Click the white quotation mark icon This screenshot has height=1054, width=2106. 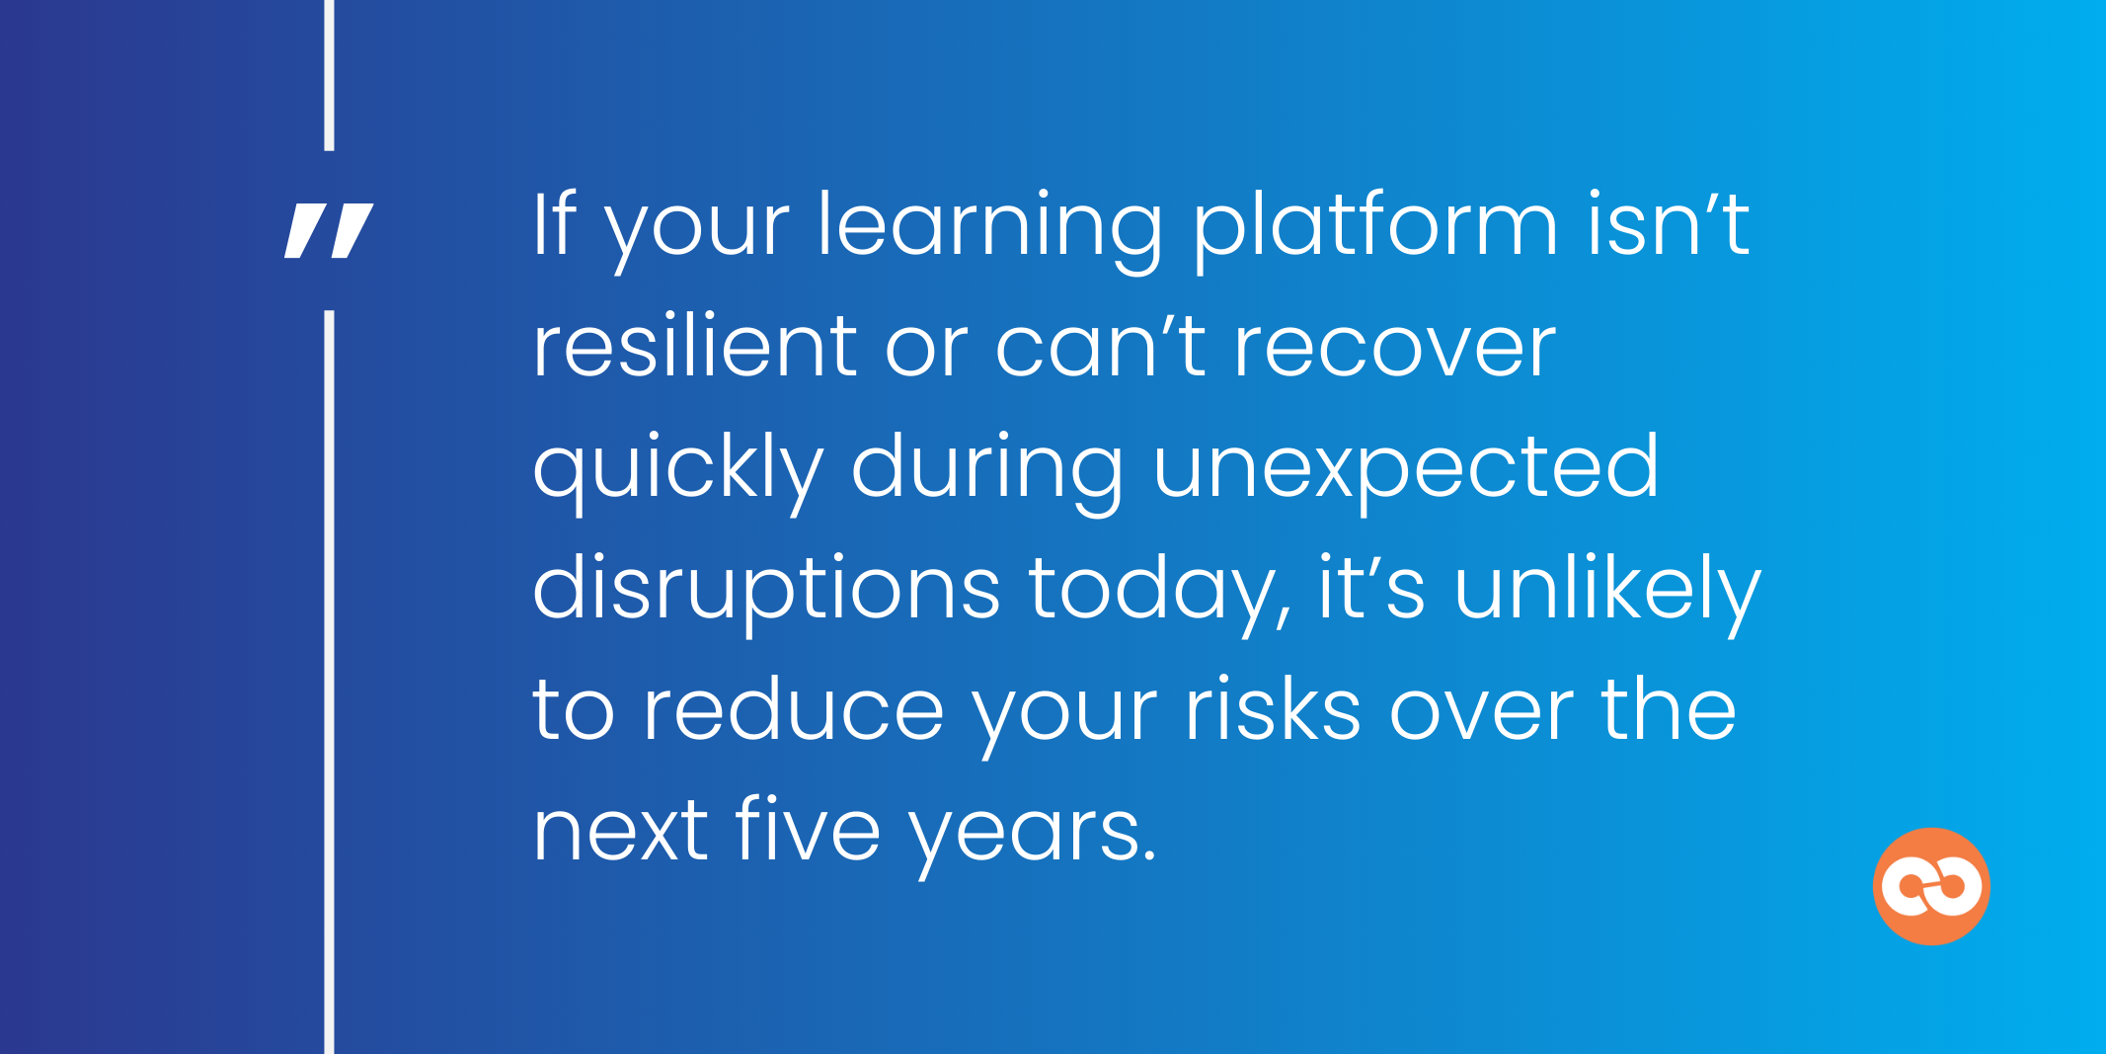(329, 231)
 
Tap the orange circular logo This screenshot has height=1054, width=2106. (1931, 886)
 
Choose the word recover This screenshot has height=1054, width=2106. (1395, 348)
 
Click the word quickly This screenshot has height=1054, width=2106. (677, 470)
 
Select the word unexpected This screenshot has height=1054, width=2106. (1406, 470)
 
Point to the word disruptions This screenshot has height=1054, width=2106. (766, 591)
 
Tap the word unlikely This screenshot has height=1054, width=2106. (1607, 591)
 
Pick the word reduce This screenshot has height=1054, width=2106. (794, 711)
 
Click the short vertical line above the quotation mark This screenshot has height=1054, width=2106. (329, 75)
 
